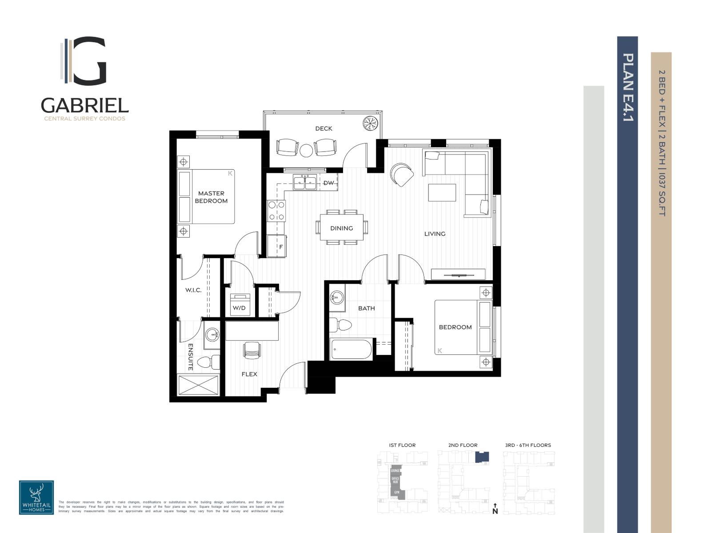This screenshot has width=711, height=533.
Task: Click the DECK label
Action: [x=324, y=128]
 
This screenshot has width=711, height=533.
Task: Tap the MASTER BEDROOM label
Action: [x=212, y=197]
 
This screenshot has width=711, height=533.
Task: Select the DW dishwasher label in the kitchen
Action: [x=328, y=183]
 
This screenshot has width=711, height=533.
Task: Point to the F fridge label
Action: [x=281, y=247]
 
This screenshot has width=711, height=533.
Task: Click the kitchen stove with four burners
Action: [x=276, y=211]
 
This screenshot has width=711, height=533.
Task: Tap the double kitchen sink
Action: [x=305, y=182]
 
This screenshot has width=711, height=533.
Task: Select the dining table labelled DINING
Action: [x=342, y=227]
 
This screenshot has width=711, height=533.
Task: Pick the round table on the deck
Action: [x=306, y=150]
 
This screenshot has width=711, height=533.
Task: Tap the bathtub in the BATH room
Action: [x=351, y=350]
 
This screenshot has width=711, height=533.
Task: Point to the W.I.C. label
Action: [x=193, y=290]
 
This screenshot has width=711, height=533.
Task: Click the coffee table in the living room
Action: [x=442, y=192]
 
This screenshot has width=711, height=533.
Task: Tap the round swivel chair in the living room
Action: [x=401, y=174]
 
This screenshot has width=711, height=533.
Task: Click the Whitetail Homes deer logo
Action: [x=36, y=497]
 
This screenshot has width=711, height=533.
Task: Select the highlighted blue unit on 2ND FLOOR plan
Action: [x=482, y=457]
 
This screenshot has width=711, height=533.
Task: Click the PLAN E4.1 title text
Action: [x=627, y=87]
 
